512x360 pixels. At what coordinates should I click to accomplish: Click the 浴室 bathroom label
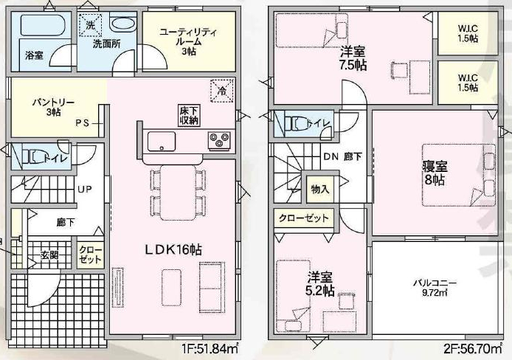(34, 55)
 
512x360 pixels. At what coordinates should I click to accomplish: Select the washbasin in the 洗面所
(122, 24)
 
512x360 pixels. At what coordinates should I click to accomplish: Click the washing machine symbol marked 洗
(91, 25)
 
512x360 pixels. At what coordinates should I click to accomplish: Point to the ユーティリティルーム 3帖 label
(188, 42)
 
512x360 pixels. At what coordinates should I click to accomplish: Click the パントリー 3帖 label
(53, 107)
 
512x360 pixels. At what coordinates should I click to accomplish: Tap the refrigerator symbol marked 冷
(222, 91)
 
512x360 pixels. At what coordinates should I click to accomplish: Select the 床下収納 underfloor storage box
(189, 115)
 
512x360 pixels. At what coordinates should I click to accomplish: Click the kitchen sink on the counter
(161, 142)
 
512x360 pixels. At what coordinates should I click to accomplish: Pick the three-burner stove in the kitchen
(219, 140)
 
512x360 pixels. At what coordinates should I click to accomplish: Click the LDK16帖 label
(173, 250)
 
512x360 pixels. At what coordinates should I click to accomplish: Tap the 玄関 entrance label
(50, 255)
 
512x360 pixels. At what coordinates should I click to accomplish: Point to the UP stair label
(85, 189)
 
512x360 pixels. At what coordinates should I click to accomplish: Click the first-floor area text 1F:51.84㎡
(210, 350)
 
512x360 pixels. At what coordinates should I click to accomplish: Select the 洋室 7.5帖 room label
(353, 58)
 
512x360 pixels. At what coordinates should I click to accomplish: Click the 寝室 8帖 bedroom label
(435, 173)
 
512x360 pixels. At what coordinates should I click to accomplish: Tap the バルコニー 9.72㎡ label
(435, 287)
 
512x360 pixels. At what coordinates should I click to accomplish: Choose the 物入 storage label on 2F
(320, 189)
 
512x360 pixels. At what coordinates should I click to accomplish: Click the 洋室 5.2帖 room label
(320, 283)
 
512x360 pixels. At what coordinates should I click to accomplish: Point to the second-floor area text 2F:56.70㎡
(473, 350)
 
